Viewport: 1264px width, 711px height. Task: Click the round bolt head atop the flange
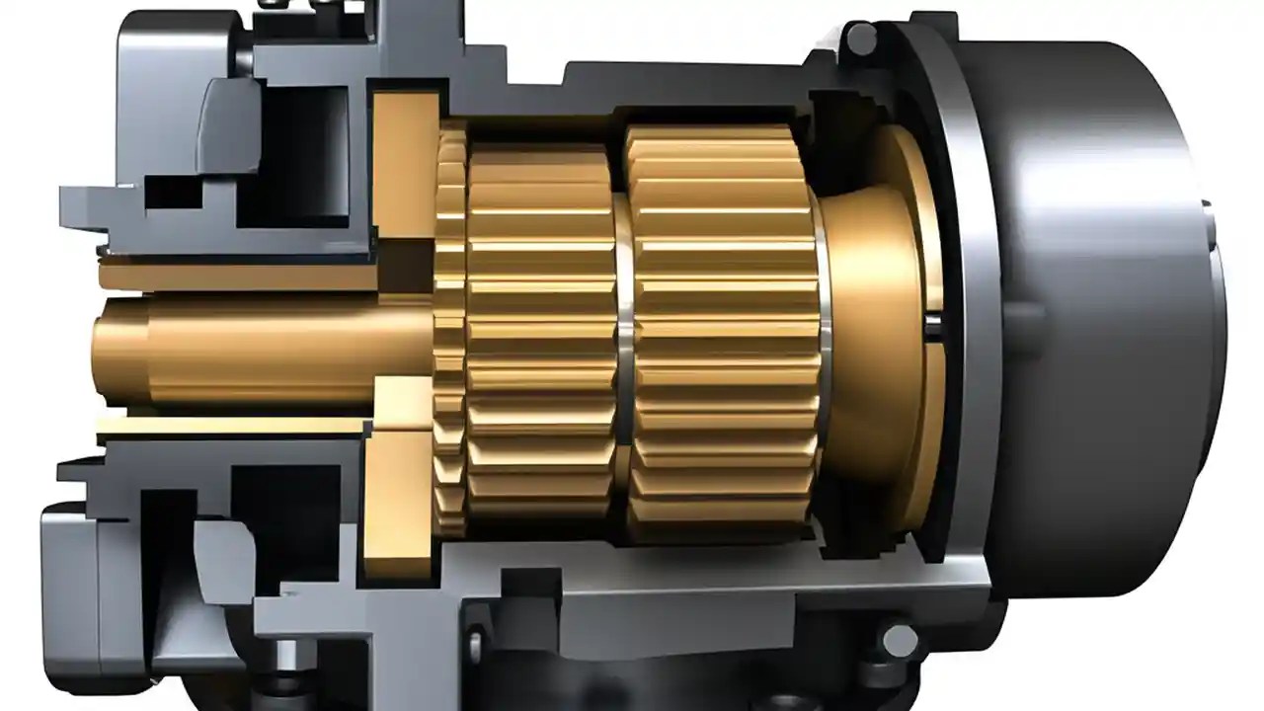(x=861, y=39)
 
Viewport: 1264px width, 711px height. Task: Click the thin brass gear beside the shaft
(x=449, y=331)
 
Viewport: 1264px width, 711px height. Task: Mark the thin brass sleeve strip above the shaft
(x=237, y=276)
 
